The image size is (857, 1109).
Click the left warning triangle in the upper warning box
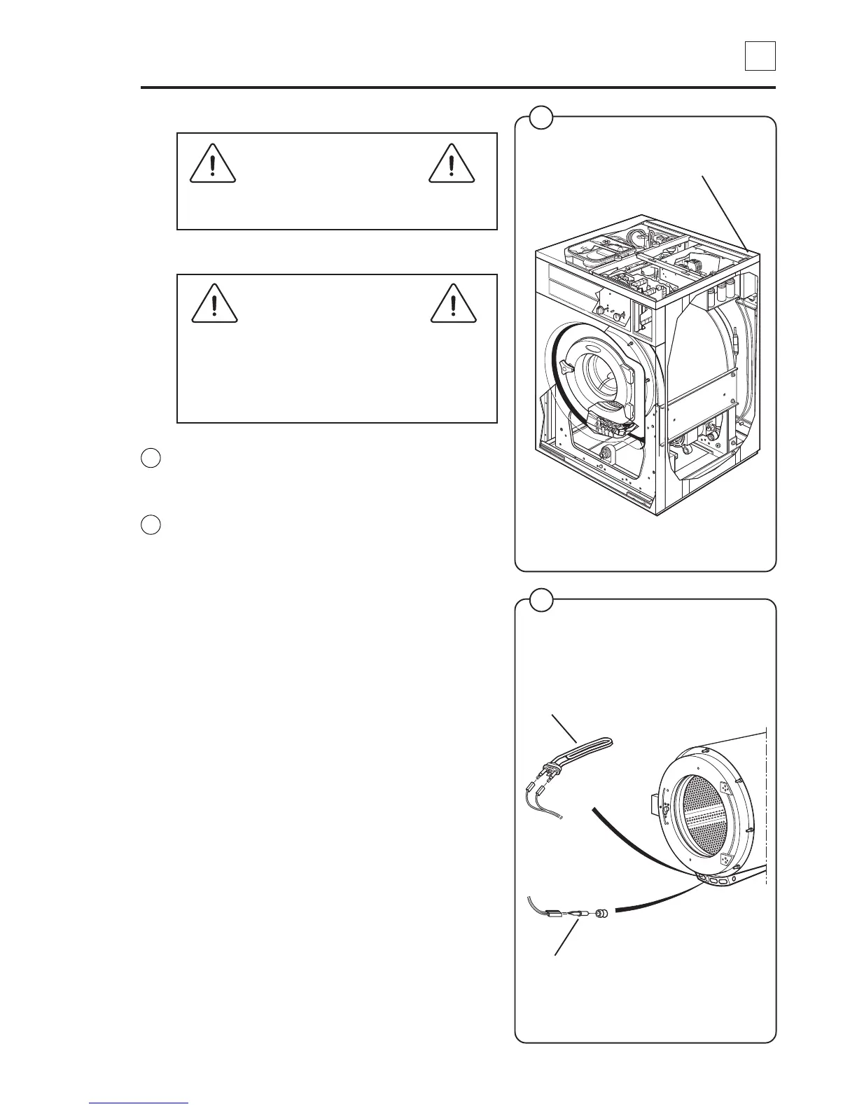point(213,165)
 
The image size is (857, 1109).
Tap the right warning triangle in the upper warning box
point(452,165)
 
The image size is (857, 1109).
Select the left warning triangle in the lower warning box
point(214,305)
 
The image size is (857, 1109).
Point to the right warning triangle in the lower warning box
point(452,305)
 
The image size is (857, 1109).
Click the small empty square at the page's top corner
point(760,56)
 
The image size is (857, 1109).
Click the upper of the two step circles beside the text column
point(151,459)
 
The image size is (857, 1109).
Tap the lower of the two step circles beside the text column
point(151,524)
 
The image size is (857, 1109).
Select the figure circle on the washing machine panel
point(541,117)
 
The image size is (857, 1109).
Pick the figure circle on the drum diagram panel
point(541,600)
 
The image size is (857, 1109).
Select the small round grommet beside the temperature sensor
point(600,914)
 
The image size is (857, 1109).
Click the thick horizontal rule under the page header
point(458,88)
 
